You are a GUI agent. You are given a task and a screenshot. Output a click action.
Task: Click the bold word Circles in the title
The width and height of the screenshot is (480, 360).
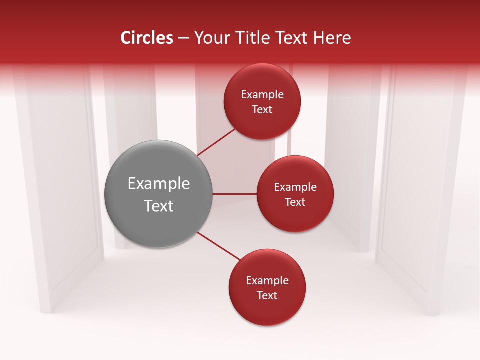(147, 38)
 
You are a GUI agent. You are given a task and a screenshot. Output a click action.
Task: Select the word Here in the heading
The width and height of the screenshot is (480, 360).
(332, 38)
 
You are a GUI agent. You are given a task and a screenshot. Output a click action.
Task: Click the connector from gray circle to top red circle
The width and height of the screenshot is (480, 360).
(216, 141)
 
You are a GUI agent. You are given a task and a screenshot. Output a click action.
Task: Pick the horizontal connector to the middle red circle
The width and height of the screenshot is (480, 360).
(235, 194)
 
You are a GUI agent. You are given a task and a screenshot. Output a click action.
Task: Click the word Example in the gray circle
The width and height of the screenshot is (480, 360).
(159, 184)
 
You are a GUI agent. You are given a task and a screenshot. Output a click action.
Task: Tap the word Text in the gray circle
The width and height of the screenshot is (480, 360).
(159, 206)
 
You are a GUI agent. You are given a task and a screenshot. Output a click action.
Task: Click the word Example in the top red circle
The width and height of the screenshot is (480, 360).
(262, 95)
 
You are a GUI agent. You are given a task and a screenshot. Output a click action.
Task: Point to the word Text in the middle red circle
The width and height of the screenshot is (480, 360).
(295, 202)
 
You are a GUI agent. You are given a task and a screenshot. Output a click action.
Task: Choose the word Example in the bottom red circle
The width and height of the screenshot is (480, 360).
(267, 281)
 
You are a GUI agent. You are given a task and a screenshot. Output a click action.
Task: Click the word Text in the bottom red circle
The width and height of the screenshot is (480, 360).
(267, 296)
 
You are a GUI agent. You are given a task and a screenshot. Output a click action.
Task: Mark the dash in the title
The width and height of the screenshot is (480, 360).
(183, 38)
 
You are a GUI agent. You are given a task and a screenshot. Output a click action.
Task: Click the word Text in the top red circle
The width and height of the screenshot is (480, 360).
(262, 110)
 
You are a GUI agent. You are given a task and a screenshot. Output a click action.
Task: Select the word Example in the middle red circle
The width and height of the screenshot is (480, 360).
(295, 187)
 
